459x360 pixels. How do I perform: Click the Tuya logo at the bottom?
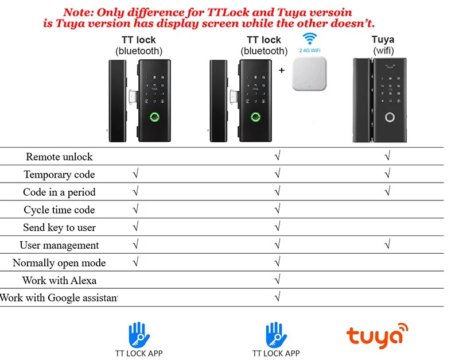(x=378, y=335)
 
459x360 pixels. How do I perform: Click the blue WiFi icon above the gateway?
(x=310, y=40)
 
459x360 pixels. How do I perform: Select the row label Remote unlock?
(x=59, y=157)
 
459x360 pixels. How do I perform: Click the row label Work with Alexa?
(x=59, y=281)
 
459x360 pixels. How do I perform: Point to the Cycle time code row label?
(x=59, y=210)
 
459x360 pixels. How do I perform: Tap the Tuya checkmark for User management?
(x=388, y=245)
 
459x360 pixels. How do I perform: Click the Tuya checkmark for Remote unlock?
(x=388, y=156)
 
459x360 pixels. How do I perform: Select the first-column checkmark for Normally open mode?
(x=135, y=263)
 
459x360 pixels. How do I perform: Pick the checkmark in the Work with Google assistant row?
(x=278, y=298)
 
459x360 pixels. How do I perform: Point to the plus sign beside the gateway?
(x=281, y=71)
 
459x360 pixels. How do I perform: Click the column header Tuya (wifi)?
(x=383, y=45)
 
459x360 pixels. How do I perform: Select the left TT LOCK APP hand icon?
(x=138, y=334)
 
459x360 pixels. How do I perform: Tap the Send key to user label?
(x=59, y=228)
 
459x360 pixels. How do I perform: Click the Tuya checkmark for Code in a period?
(x=388, y=192)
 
